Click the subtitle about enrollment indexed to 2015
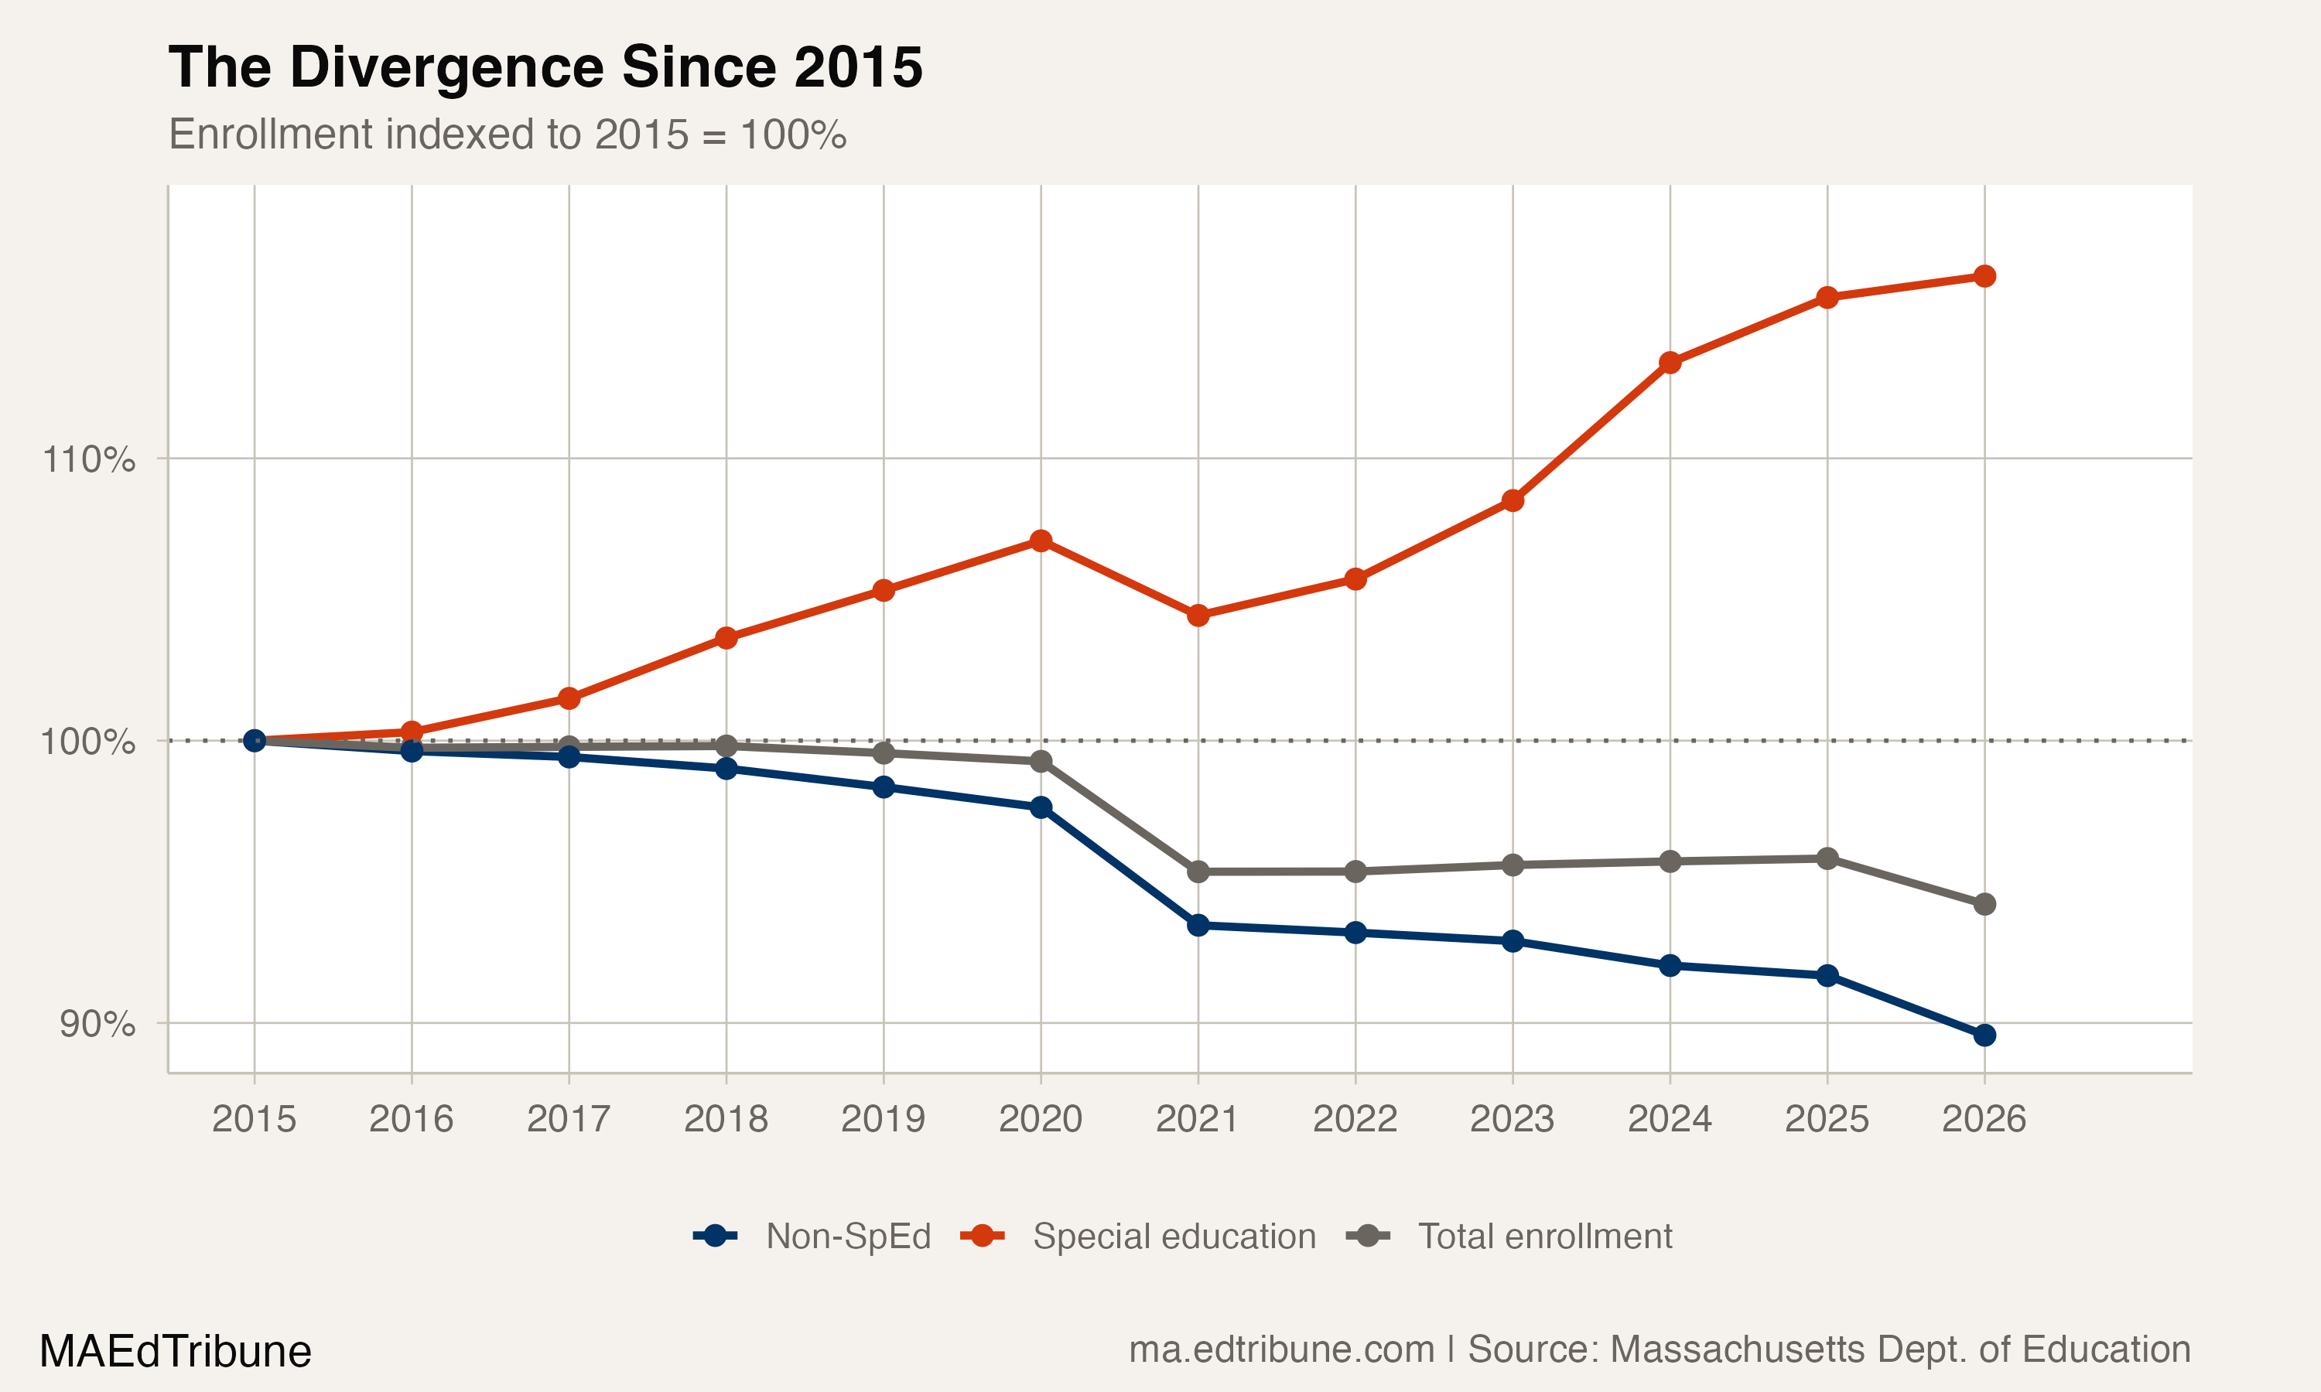click(x=508, y=135)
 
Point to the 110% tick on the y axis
click(x=89, y=459)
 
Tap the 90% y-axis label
click(x=97, y=1023)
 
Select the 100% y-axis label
click(x=87, y=742)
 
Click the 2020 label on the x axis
click(x=1041, y=1119)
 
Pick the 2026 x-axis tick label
click(x=1984, y=1119)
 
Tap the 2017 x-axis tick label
click(x=569, y=1119)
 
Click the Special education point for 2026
click(x=1984, y=276)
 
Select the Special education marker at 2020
click(x=1041, y=541)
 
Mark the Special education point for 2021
click(x=1198, y=616)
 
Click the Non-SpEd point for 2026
click(x=1984, y=1035)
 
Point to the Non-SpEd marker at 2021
click(x=1198, y=926)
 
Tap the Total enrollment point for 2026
click(x=1984, y=904)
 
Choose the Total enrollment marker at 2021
click(x=1198, y=872)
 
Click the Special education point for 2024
click(x=1670, y=363)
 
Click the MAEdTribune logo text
click(x=176, y=1352)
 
